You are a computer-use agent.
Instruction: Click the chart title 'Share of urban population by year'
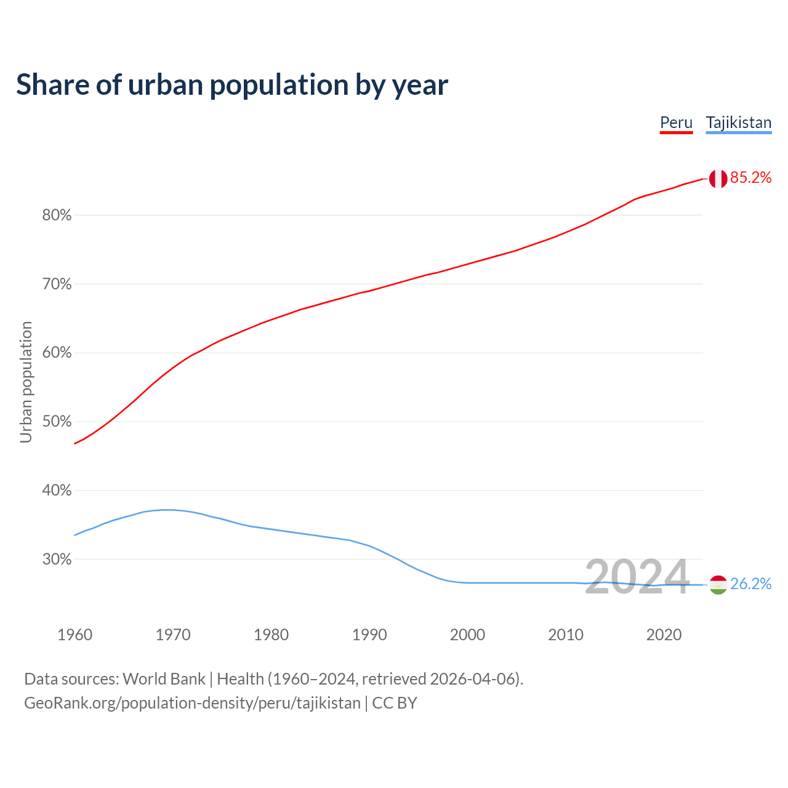232,85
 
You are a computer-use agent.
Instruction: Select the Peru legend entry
676,123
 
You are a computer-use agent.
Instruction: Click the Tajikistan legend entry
738,123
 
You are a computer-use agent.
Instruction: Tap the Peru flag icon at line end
718,179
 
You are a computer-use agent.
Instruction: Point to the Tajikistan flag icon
718,584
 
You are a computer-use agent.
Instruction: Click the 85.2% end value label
750,178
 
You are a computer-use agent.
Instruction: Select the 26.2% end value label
750,584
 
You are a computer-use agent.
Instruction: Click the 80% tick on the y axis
57,215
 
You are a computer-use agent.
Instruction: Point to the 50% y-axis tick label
57,422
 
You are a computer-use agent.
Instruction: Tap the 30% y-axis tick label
57,560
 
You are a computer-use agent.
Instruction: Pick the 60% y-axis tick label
57,353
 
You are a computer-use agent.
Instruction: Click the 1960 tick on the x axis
74,635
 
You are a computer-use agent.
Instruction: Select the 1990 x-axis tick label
369,635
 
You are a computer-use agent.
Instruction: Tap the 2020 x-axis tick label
664,635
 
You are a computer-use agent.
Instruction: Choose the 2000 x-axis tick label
467,635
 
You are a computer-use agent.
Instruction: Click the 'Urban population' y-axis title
26,382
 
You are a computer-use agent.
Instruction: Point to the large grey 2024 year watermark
637,577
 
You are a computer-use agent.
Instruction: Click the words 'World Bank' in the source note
164,679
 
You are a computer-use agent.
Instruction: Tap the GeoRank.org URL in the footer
192,703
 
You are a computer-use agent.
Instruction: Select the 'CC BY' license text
395,703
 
